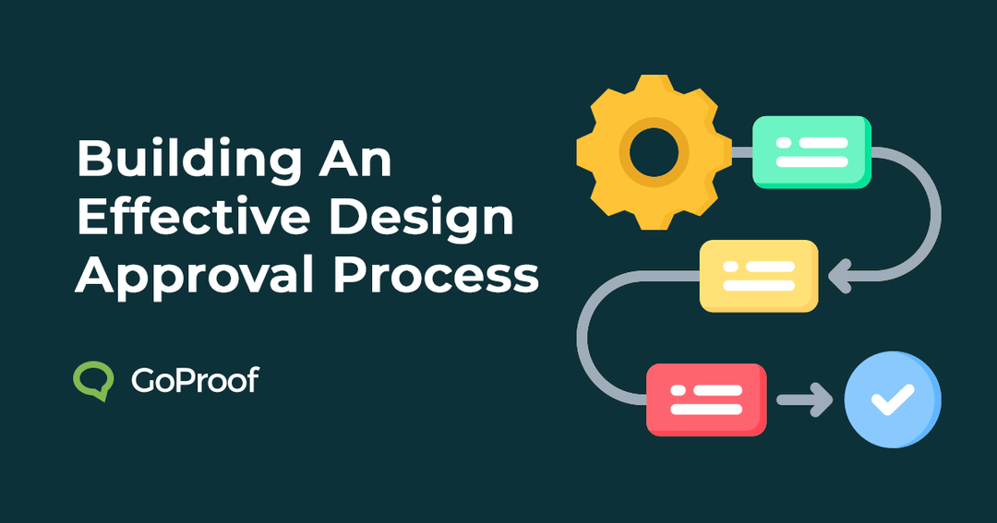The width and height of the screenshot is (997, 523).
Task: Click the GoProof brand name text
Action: click(195, 380)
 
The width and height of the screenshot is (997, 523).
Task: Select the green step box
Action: click(811, 151)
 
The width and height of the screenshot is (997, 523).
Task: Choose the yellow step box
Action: click(759, 274)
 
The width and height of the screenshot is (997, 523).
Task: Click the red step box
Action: click(706, 398)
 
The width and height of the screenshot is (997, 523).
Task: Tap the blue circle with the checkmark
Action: click(892, 399)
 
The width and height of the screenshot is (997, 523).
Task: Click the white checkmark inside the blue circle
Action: click(892, 399)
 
